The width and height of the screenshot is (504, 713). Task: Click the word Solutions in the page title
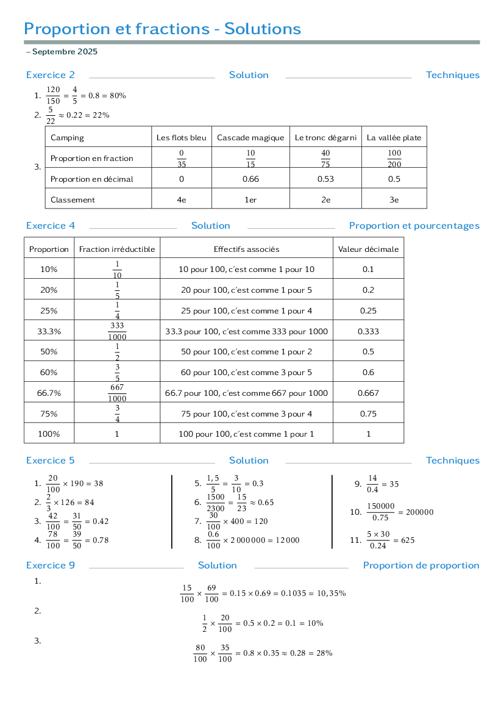tap(263, 29)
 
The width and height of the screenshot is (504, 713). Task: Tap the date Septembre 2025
tap(65, 52)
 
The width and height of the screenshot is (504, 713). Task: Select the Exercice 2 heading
tap(51, 75)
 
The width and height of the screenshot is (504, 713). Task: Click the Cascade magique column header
tap(250, 138)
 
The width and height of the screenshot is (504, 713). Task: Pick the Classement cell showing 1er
tap(250, 199)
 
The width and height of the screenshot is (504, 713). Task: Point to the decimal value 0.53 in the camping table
tap(326, 179)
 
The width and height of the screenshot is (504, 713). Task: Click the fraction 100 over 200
tap(394, 159)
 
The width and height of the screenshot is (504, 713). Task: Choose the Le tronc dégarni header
tap(326, 138)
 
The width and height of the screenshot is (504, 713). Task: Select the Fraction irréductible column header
tap(117, 249)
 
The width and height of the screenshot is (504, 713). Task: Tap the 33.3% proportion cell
tap(49, 331)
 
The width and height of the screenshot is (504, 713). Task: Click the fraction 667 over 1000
tap(117, 393)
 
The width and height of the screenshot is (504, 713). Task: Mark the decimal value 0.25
tap(368, 310)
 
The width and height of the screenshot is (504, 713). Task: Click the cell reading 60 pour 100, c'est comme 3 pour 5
tap(246, 373)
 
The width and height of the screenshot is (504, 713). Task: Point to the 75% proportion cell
tap(49, 414)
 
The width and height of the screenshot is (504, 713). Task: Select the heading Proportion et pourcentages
tap(414, 226)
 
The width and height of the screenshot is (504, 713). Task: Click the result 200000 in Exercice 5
tap(419, 512)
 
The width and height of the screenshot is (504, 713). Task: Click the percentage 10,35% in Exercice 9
tap(332, 593)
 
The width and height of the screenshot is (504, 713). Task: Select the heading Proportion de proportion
tap(421, 565)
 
